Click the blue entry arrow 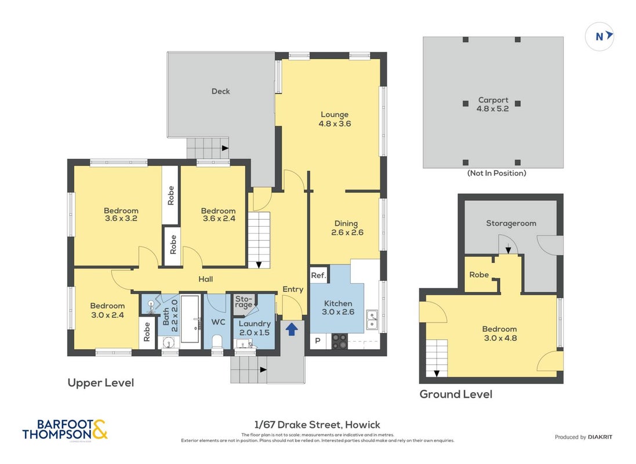291,329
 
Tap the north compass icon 599,37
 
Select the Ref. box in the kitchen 319,275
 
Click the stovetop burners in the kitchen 340,341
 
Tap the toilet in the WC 217,342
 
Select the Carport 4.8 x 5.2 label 493,104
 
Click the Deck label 221,91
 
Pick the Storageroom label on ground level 511,223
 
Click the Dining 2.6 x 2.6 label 347,228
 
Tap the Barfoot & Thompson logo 66,430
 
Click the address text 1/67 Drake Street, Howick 317,425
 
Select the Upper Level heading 101,382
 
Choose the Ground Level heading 456,394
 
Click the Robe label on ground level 479,275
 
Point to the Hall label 206,279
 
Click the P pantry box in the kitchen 318,341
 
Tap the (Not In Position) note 496,173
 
